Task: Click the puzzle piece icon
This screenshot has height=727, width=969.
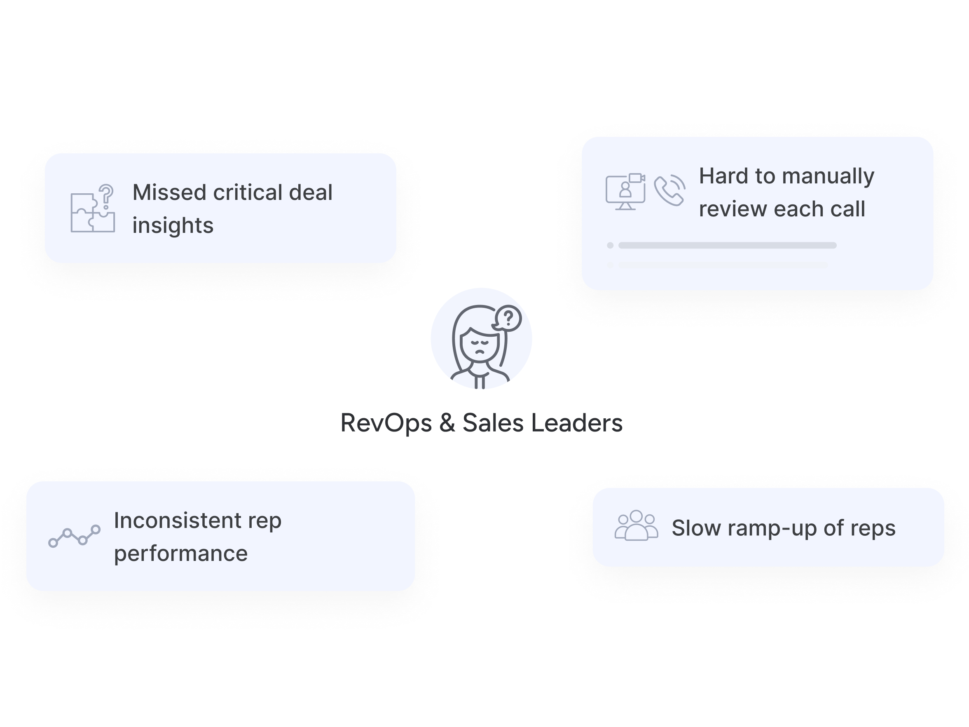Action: click(x=92, y=213)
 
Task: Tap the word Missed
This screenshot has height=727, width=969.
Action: click(x=168, y=192)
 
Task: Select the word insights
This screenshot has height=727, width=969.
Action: click(x=173, y=226)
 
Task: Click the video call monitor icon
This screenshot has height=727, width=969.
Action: click(x=625, y=192)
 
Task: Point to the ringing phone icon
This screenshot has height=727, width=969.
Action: click(x=669, y=190)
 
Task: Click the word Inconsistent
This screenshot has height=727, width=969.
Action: click(x=178, y=521)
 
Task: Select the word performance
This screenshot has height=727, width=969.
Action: click(x=180, y=553)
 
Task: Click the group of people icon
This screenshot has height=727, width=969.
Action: click(x=636, y=526)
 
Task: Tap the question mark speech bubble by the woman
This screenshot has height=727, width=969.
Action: click(x=508, y=317)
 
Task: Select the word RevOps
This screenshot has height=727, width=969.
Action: click(x=386, y=423)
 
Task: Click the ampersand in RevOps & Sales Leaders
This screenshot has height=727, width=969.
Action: click(x=447, y=423)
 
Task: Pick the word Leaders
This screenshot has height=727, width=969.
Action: click(x=576, y=423)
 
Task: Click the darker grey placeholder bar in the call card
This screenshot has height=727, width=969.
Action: click(x=727, y=245)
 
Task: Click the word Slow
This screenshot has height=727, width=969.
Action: click(x=696, y=528)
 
